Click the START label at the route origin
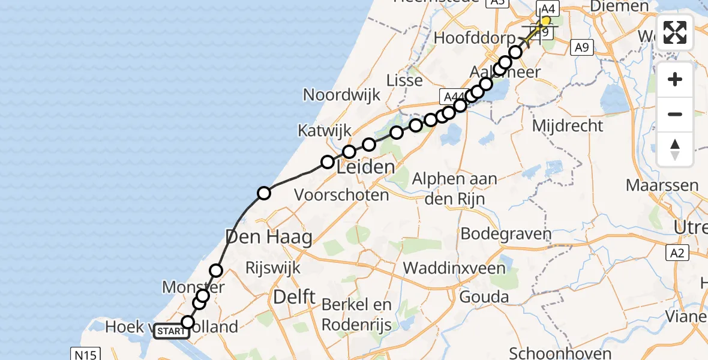coord(171,331)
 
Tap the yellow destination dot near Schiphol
coord(545,21)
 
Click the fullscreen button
coord(675,32)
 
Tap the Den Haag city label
coord(269,238)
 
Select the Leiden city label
coord(366,167)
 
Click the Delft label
coord(294,296)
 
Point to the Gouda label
coord(484,296)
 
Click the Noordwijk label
coord(342,95)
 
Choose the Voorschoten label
coord(342,194)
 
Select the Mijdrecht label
coord(568,125)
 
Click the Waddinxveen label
coord(455,268)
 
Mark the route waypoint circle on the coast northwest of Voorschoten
coord(264,193)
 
